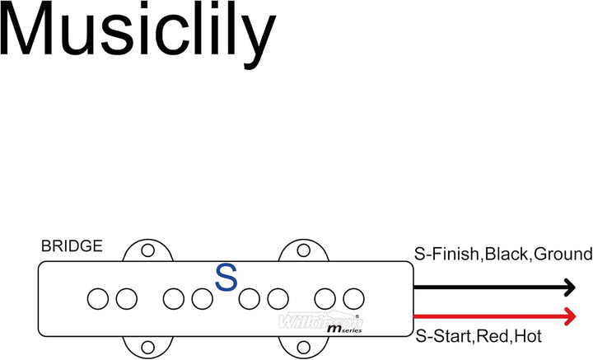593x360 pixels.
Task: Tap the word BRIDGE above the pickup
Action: pos(72,246)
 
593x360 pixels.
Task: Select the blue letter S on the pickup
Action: pos(226,278)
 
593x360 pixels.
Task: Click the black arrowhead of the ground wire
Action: pos(567,288)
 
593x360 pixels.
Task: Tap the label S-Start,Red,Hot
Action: pos(479,336)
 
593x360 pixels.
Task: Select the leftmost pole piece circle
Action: pos(98,297)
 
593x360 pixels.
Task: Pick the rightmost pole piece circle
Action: pos(353,297)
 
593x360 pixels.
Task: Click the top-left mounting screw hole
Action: pos(148,250)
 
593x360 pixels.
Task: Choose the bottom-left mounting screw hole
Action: pos(148,347)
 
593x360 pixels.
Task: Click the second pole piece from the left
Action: pos(126,297)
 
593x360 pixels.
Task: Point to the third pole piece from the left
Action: pos(174,297)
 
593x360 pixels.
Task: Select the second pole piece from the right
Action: pos(326,297)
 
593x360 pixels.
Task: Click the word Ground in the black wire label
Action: pos(563,254)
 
